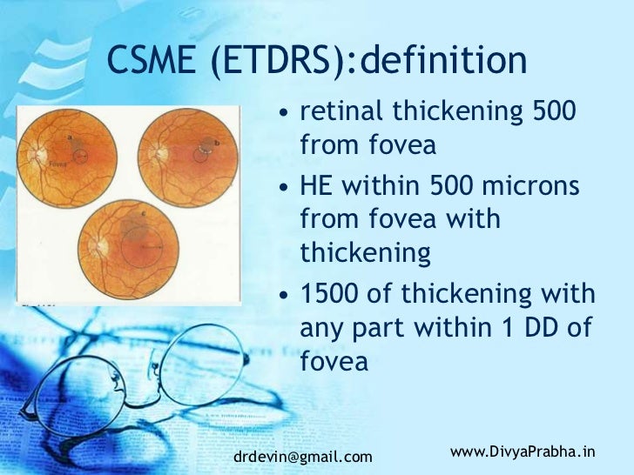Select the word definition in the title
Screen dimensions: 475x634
(x=443, y=62)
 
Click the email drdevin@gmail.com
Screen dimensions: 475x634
(x=303, y=457)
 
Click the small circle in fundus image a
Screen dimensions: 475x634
(x=80, y=157)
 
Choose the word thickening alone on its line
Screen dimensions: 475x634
(x=366, y=252)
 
